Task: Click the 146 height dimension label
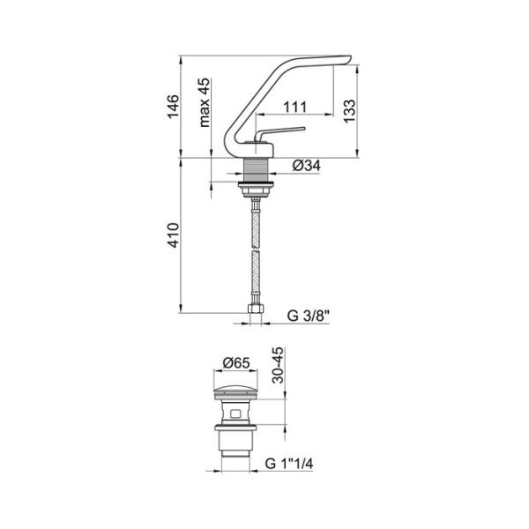[174, 107]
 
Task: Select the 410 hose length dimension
[174, 235]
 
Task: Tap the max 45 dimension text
[205, 102]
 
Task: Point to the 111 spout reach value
[294, 107]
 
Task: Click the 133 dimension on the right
[349, 111]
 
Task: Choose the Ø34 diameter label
[306, 166]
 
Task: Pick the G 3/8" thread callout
[308, 317]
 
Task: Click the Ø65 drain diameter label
[236, 363]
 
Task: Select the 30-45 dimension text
[279, 365]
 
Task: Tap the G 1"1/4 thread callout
[289, 464]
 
